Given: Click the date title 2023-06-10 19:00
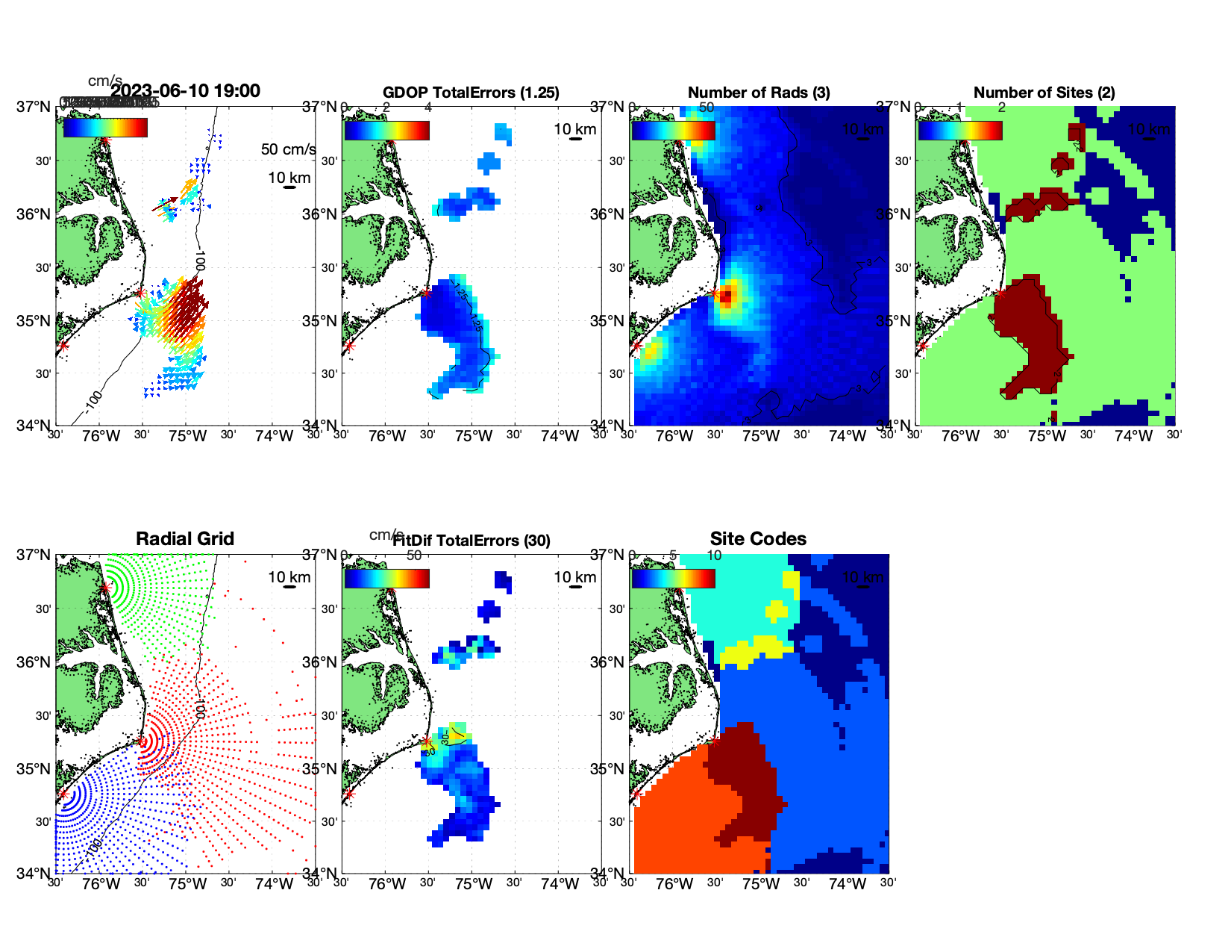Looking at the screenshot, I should point(185,91).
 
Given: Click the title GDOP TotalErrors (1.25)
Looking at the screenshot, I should point(471,93).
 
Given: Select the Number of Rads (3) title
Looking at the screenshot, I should point(759,93).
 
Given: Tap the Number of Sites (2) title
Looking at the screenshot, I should point(1044,93).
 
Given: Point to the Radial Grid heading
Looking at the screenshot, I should point(185,539).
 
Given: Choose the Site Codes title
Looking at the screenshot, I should point(758,539).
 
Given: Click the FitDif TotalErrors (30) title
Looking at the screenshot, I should point(472,541).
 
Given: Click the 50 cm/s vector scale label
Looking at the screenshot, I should point(288,149).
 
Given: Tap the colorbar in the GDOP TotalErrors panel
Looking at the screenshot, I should point(386,130).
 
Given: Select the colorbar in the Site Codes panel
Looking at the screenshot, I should point(673,579).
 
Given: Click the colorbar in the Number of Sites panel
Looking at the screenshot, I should point(959,130).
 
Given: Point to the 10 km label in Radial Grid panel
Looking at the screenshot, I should point(289,577).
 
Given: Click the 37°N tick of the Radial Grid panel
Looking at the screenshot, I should point(34,555).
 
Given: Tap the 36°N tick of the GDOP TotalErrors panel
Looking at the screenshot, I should point(321,214).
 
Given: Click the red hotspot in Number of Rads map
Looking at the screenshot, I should point(726,296).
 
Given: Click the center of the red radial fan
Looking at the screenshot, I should point(141,741).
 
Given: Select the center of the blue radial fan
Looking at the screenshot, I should point(63,794).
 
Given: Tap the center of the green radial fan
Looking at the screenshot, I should point(105,588).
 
